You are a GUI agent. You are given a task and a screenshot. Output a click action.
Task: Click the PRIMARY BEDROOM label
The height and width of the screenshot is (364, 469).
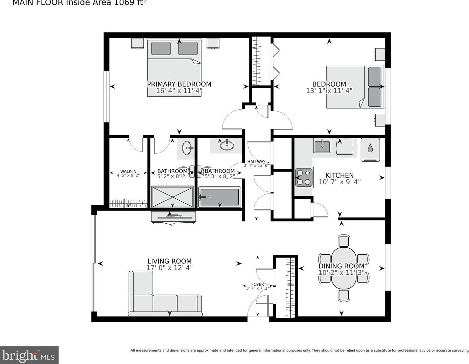[179, 84]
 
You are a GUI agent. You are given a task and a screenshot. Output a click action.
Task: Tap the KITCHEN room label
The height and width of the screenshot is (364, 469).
[339, 175]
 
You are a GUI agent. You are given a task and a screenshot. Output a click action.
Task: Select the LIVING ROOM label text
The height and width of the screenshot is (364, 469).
[169, 261]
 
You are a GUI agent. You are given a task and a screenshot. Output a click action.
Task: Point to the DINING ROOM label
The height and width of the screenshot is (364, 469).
[341, 266]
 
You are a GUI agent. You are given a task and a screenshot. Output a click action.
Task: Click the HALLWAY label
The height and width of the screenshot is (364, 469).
[256, 162]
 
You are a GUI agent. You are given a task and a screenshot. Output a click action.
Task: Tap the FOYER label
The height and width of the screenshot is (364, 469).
[257, 285]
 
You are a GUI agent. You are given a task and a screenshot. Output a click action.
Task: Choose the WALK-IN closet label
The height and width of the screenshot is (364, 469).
[128, 172]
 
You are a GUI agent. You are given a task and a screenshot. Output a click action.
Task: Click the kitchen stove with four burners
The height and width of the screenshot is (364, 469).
[304, 177]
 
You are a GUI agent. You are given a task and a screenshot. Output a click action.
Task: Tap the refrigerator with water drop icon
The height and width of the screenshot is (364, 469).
[370, 149]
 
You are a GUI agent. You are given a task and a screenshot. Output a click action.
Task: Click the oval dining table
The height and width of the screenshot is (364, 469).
[344, 267]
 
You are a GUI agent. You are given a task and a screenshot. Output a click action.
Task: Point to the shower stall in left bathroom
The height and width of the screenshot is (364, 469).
[172, 197]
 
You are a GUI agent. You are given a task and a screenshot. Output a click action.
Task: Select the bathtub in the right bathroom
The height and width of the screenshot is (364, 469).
[219, 197]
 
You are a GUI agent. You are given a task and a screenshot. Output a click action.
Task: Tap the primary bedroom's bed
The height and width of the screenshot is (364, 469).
[174, 68]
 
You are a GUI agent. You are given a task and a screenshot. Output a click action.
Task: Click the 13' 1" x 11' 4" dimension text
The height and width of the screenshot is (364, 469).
[329, 91]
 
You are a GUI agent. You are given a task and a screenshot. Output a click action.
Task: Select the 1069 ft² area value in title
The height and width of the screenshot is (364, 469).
[131, 3]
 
